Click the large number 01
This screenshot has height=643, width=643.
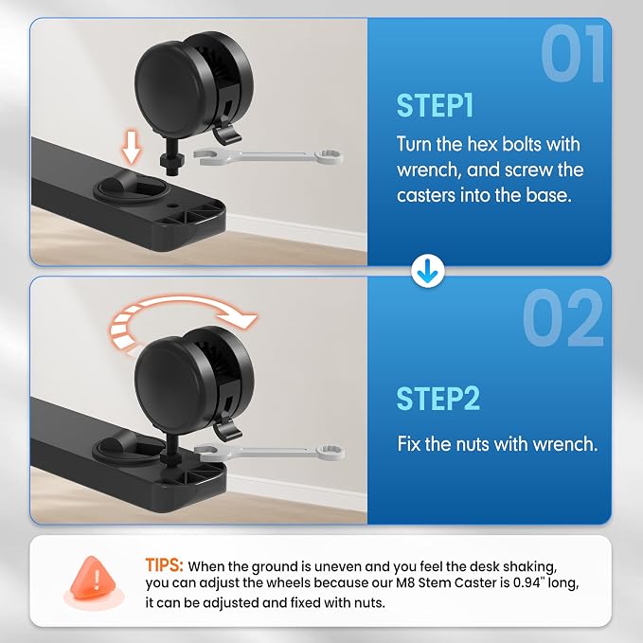point(573,53)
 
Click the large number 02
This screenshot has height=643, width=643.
point(563,317)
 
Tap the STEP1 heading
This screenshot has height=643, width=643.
point(435,106)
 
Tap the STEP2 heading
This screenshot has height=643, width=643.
point(438,398)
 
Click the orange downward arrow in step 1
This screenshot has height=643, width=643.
point(132,147)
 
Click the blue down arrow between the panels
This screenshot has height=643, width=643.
point(428,271)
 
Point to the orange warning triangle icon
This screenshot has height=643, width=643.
point(93,579)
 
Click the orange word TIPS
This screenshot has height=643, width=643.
point(164,565)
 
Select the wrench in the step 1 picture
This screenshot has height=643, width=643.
point(268,157)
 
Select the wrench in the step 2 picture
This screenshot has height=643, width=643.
point(270,452)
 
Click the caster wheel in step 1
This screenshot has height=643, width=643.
point(193,85)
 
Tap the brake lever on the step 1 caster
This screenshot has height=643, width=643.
point(226,134)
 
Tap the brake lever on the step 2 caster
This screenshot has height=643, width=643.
point(226,429)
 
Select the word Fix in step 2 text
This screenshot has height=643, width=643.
point(409,444)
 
